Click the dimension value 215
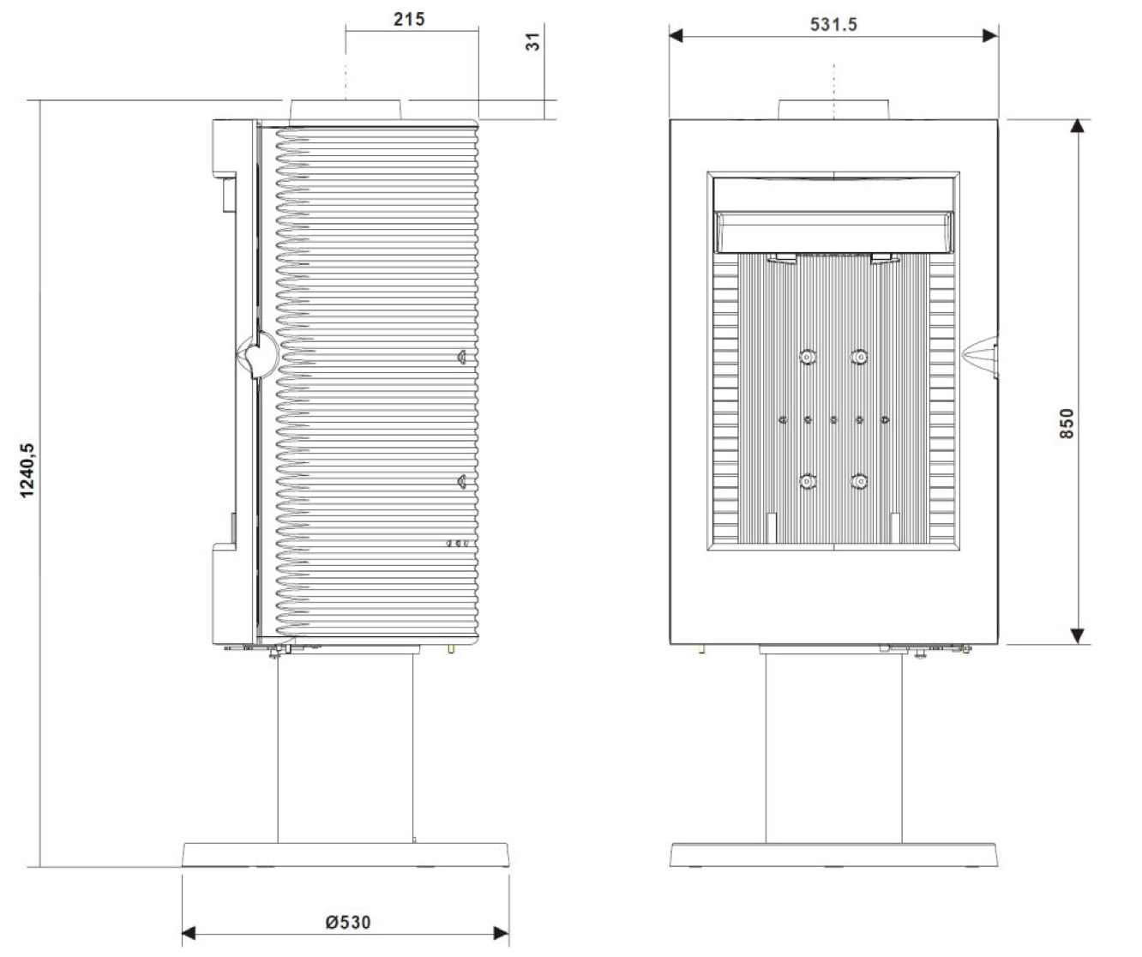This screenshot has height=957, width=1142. click(409, 20)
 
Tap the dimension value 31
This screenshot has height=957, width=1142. click(532, 41)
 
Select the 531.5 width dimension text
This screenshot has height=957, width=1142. click(833, 25)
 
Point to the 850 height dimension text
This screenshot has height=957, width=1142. click(1067, 423)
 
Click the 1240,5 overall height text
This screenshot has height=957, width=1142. click(27, 470)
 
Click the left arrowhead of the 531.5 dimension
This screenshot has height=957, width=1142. click(676, 36)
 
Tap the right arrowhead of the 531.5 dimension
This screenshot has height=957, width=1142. click(990, 36)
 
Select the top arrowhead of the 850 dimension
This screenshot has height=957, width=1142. click(1077, 126)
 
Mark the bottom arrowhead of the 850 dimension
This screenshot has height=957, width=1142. click(1077, 636)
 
